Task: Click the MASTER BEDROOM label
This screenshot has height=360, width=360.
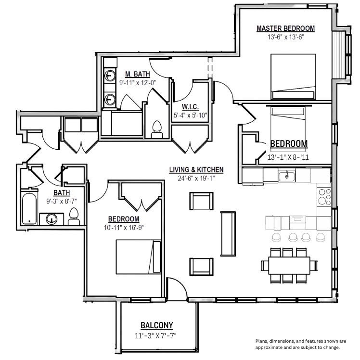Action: click(x=285, y=28)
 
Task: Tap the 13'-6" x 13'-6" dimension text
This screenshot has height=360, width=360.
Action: click(x=285, y=37)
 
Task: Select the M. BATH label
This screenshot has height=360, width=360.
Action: click(x=138, y=74)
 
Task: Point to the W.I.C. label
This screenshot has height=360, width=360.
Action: click(x=190, y=107)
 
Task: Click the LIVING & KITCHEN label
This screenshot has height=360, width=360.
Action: click(x=196, y=170)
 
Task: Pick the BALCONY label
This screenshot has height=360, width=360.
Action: click(x=157, y=325)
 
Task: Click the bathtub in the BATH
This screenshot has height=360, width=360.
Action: click(x=29, y=209)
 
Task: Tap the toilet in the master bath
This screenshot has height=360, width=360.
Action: click(x=157, y=129)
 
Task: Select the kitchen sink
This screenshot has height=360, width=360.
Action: click(x=286, y=176)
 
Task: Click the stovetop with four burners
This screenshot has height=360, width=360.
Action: click(x=324, y=197)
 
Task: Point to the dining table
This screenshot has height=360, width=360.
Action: click(x=289, y=265)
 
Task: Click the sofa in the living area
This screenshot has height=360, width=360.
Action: click(x=228, y=234)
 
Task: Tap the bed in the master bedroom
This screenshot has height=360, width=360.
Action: click(x=293, y=77)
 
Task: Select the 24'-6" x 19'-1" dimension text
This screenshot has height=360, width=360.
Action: click(x=196, y=178)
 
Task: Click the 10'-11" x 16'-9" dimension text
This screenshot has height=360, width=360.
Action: click(x=124, y=228)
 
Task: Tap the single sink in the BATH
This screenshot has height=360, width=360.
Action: click(x=51, y=219)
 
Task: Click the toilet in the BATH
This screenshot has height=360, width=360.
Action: click(x=74, y=217)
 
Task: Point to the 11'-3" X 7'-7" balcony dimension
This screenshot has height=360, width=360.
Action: click(x=155, y=336)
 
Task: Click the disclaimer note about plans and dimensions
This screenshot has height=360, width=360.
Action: click(x=301, y=344)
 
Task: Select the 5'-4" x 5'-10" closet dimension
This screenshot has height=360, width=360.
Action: click(x=191, y=115)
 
